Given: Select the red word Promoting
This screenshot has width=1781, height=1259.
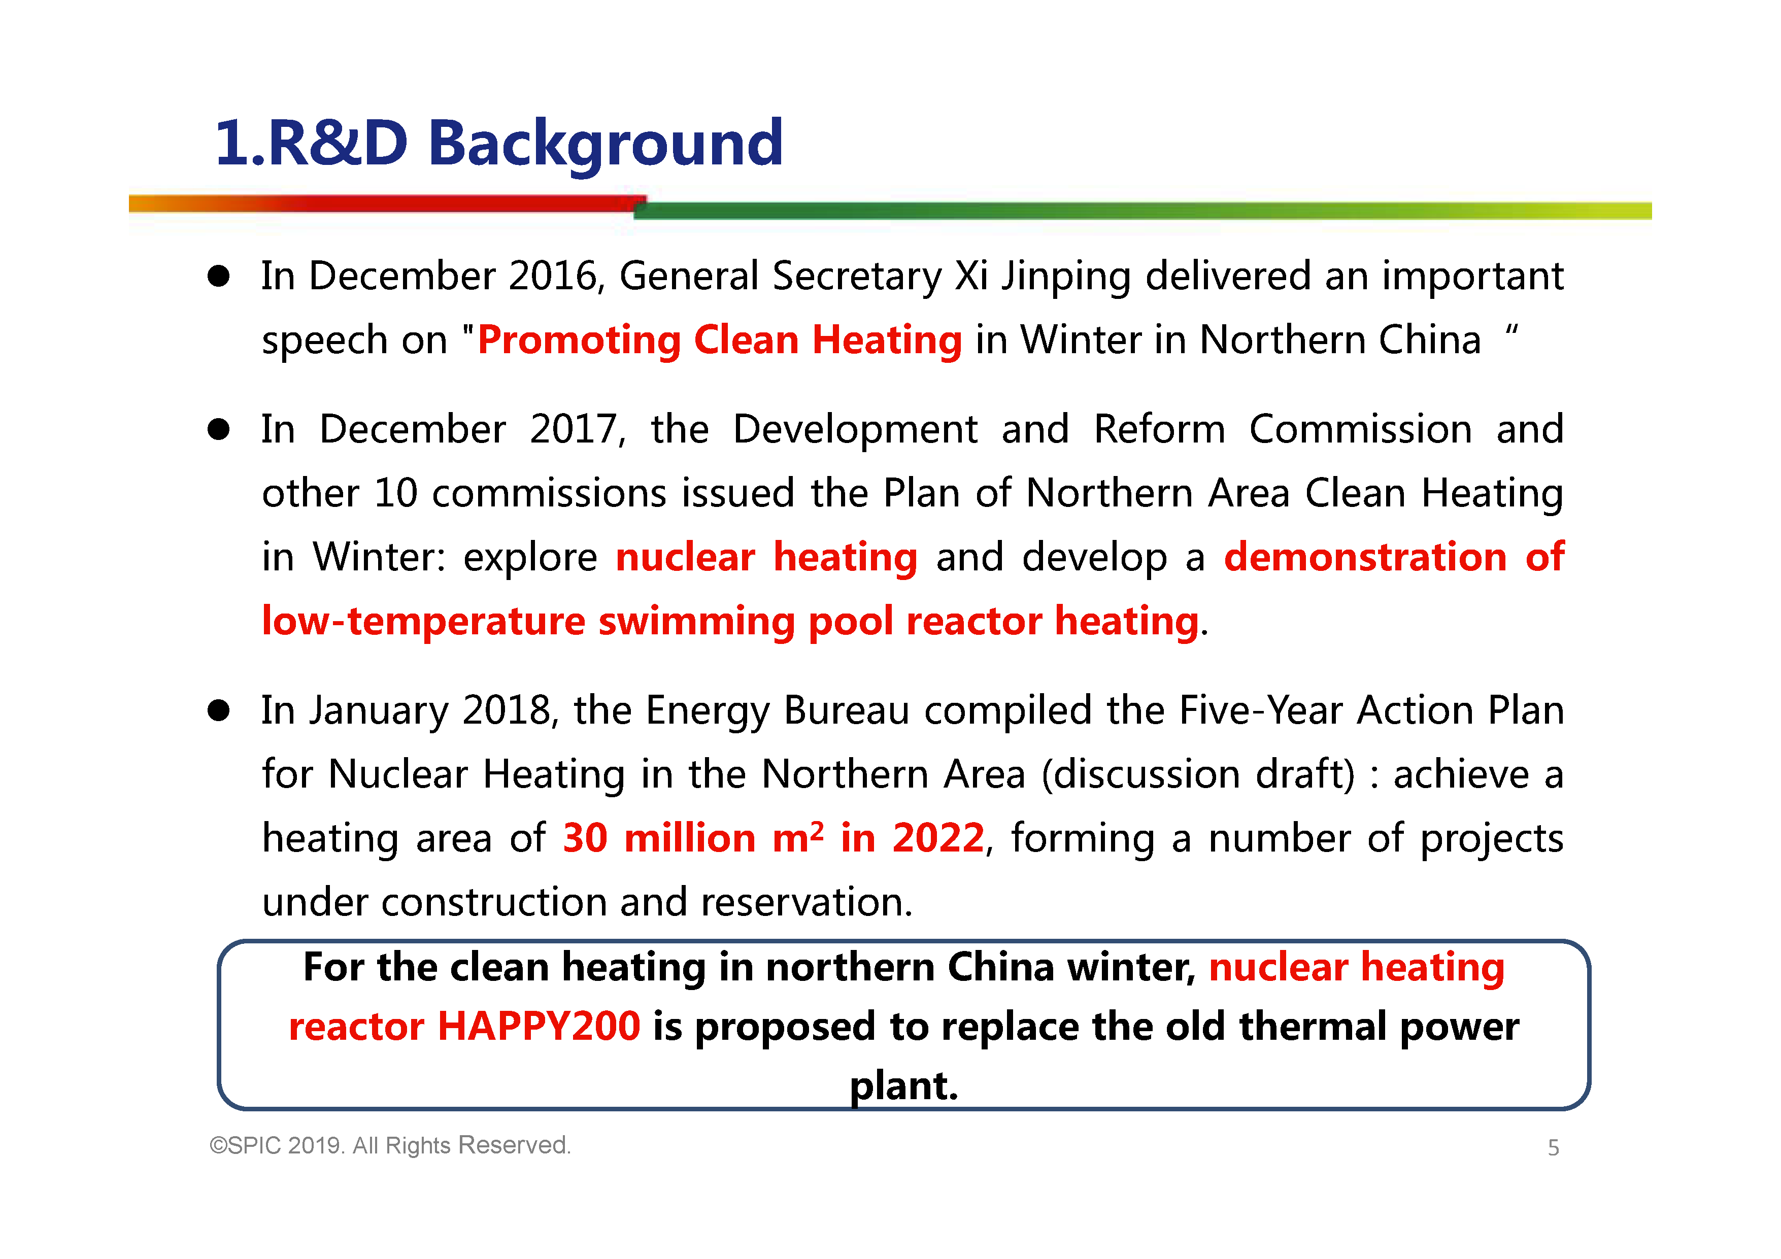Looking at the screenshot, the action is click(579, 342).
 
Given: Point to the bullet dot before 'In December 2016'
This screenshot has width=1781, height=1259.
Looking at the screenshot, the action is click(219, 276).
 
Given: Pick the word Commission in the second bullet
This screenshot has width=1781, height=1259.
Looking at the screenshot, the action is click(1361, 429).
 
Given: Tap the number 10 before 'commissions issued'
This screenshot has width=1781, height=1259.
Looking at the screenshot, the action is click(395, 493).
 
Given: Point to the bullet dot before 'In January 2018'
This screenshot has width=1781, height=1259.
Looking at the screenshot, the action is click(219, 710).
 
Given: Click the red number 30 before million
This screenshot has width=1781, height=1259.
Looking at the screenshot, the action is click(584, 838).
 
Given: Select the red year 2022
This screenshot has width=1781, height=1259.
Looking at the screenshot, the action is click(938, 838).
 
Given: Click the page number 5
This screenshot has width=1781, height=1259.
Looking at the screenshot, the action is click(1553, 1148).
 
